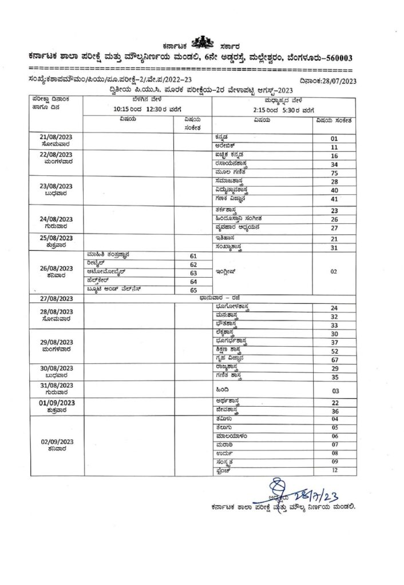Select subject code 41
coord(335,199)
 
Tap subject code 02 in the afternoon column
coord(335,273)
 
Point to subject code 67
coord(335,360)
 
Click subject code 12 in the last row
coord(335,470)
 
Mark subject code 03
coord(335,391)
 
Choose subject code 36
coord(335,411)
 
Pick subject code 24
coord(335,308)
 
